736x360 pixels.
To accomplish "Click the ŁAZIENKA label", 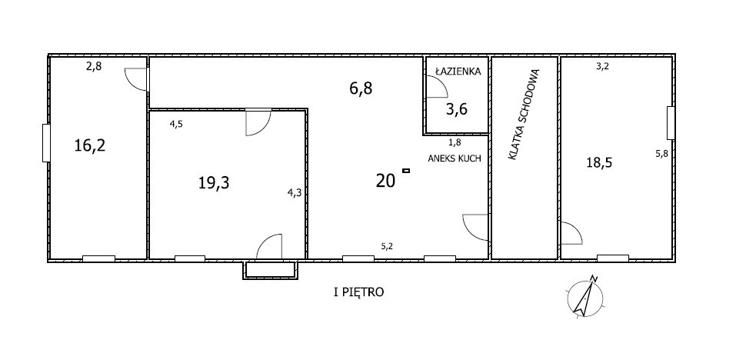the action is pos(458,72).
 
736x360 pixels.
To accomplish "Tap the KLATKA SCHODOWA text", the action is pos(525,115).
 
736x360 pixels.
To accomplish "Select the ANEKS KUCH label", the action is pos(455,158).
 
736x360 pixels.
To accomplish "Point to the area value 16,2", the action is pos(90,145).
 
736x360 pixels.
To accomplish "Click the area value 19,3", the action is pos(214,182).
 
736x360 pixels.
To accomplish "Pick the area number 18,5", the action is pos(599,163).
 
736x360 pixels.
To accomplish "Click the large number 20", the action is pos(385,181).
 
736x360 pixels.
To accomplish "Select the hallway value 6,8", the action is pos(361,88).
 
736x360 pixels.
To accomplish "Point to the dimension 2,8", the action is pos(93,66).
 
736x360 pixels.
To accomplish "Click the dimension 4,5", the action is pos(176,125).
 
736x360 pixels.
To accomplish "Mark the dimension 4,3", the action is pos(295,192).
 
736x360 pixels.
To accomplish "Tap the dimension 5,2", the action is pos(387,245).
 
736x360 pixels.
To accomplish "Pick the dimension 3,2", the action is pos(602,66).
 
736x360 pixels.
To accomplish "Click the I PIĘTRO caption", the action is pos(358,292).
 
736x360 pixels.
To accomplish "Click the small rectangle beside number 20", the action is pos(406,170).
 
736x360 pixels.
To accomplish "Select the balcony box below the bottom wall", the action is pos(271,270).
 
